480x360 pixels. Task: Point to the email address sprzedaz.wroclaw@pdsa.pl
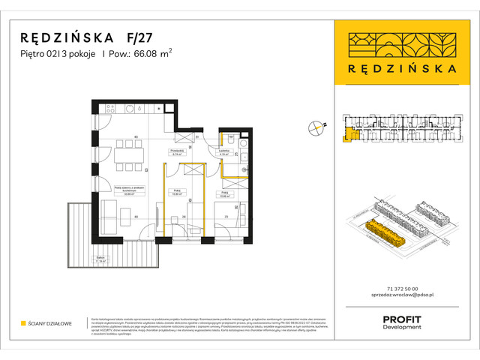click(404, 298)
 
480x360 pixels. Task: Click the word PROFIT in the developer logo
click(403, 319)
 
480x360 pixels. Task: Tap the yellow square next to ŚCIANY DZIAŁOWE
click(23, 323)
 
